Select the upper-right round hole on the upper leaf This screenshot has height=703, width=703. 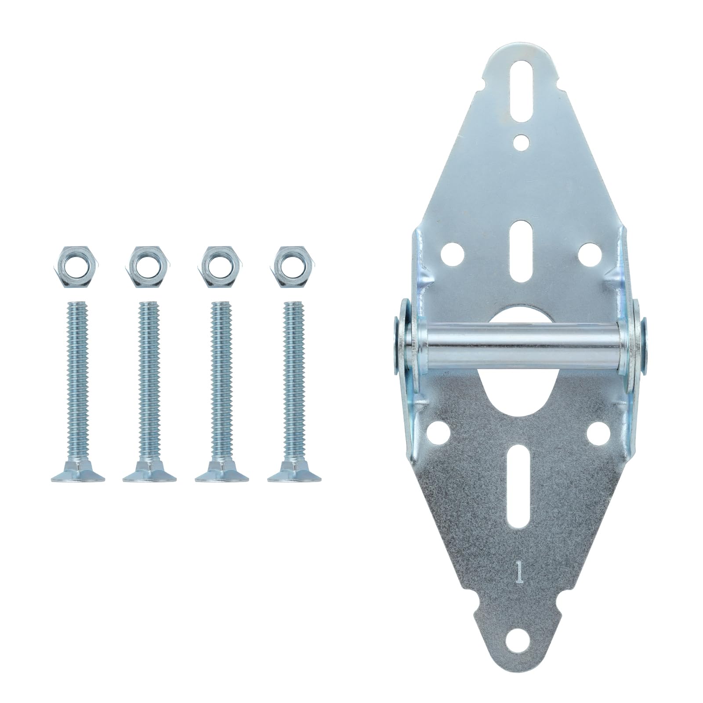[x=587, y=254]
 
